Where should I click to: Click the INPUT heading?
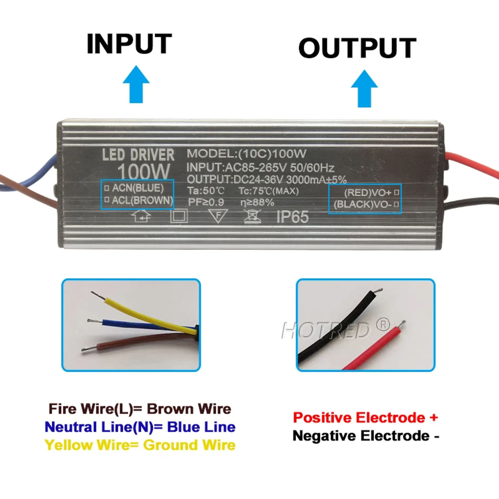click(x=129, y=44)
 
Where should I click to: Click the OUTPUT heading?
click(x=357, y=48)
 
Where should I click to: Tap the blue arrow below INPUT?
click(x=136, y=84)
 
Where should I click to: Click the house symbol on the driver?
click(x=141, y=216)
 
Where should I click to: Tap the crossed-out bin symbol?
click(x=252, y=216)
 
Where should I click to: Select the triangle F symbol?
click(x=217, y=216)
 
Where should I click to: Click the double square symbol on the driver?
click(x=179, y=216)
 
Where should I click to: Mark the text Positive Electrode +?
click(x=365, y=417)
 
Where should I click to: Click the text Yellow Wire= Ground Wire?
click(x=140, y=445)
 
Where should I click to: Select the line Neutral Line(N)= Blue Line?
click(x=140, y=427)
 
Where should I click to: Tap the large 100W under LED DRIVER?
click(x=143, y=171)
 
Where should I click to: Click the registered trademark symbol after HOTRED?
click(x=383, y=325)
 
